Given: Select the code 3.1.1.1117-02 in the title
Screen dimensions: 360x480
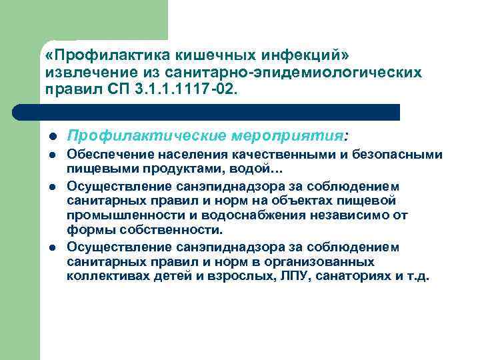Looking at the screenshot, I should pyautogui.click(x=189, y=89).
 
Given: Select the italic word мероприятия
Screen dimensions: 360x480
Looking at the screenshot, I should pyautogui.click(x=286, y=136).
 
